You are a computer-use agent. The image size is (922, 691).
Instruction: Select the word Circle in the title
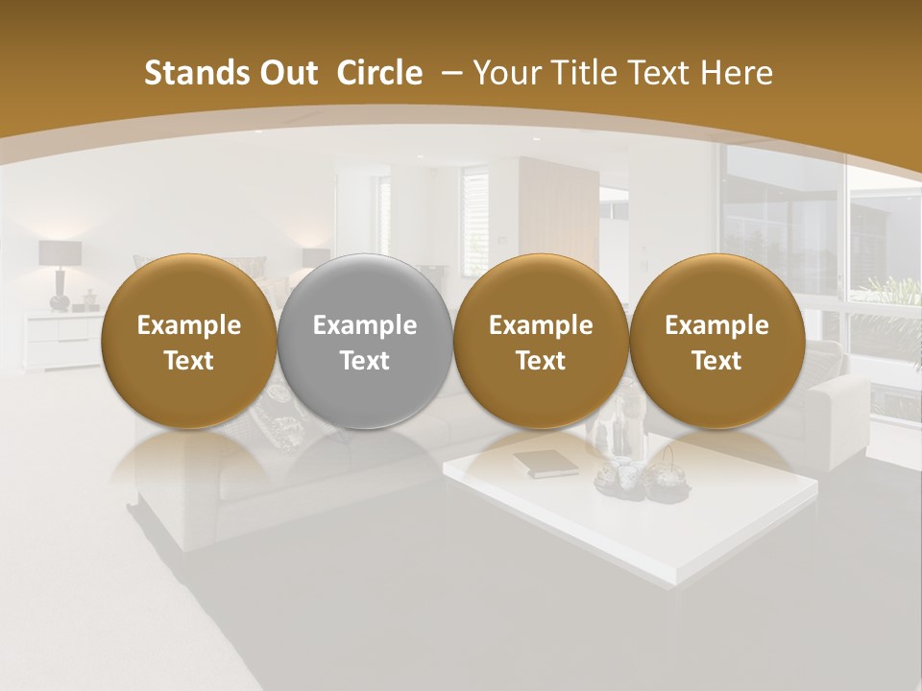379,73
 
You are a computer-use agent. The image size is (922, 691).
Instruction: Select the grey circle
365,341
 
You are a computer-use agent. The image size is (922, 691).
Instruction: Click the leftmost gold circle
188,341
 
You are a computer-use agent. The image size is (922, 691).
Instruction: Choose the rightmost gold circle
716,341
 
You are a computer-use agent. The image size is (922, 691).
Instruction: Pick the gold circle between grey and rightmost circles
541,341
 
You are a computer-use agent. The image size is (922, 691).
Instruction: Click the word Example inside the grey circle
365,325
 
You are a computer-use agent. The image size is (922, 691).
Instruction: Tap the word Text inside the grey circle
365,361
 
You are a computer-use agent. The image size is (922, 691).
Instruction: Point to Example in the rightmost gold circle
716,325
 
